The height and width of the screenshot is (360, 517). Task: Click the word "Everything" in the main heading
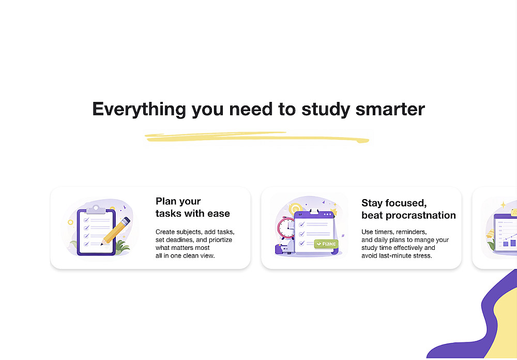click(139, 110)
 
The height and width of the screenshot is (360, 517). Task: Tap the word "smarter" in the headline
click(390, 109)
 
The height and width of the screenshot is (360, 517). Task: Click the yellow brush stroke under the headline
click(257, 137)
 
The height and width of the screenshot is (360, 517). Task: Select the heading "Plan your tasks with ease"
click(192, 207)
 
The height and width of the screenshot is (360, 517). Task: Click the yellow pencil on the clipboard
click(115, 231)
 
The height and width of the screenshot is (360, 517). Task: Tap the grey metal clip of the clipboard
click(96, 210)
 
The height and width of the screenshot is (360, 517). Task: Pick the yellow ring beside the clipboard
click(70, 222)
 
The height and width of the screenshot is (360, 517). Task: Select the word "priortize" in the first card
click(221, 240)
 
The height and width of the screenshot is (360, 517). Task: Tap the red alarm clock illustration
click(286, 228)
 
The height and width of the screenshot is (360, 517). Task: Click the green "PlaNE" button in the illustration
click(326, 244)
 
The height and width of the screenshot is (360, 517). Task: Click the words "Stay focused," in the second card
click(394, 203)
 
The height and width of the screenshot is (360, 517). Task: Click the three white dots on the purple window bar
click(328, 215)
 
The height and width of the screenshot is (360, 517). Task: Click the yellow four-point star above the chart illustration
click(504, 205)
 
